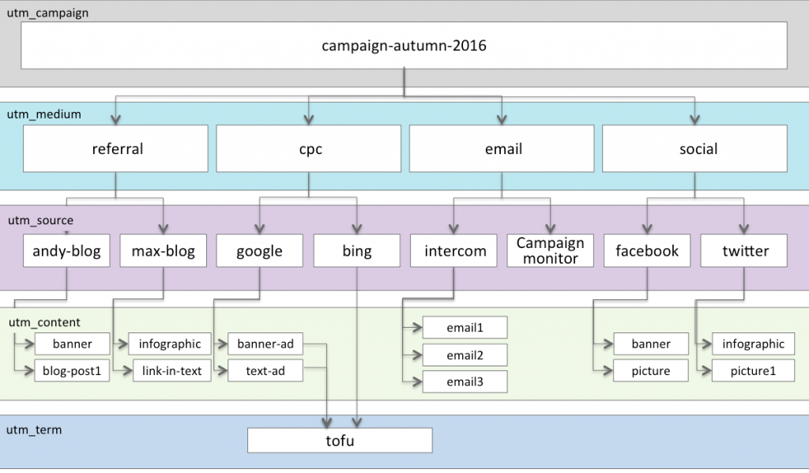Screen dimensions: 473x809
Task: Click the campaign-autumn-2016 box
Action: (x=404, y=46)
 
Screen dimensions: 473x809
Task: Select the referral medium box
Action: (x=117, y=148)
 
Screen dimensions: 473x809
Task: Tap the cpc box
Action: (x=310, y=148)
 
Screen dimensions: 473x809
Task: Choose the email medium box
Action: (x=502, y=148)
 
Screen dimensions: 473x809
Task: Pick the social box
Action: (x=694, y=148)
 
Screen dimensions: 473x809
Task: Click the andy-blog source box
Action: (x=66, y=251)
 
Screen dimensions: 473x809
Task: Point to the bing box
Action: (x=357, y=251)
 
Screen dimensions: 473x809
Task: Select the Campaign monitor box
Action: (x=550, y=251)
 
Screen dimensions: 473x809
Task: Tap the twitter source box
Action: (x=745, y=251)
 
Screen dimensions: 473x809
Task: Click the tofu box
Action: (x=340, y=441)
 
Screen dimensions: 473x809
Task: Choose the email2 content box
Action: (x=465, y=355)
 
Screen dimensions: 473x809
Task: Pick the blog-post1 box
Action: (x=72, y=370)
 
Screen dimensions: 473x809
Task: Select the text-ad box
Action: (x=265, y=370)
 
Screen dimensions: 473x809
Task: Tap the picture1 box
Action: (x=753, y=370)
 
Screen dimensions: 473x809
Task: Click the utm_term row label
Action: (x=34, y=430)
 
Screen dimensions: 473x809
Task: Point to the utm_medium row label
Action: (x=44, y=114)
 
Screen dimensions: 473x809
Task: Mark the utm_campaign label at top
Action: (x=48, y=13)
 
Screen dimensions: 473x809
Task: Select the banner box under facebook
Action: (x=651, y=343)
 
